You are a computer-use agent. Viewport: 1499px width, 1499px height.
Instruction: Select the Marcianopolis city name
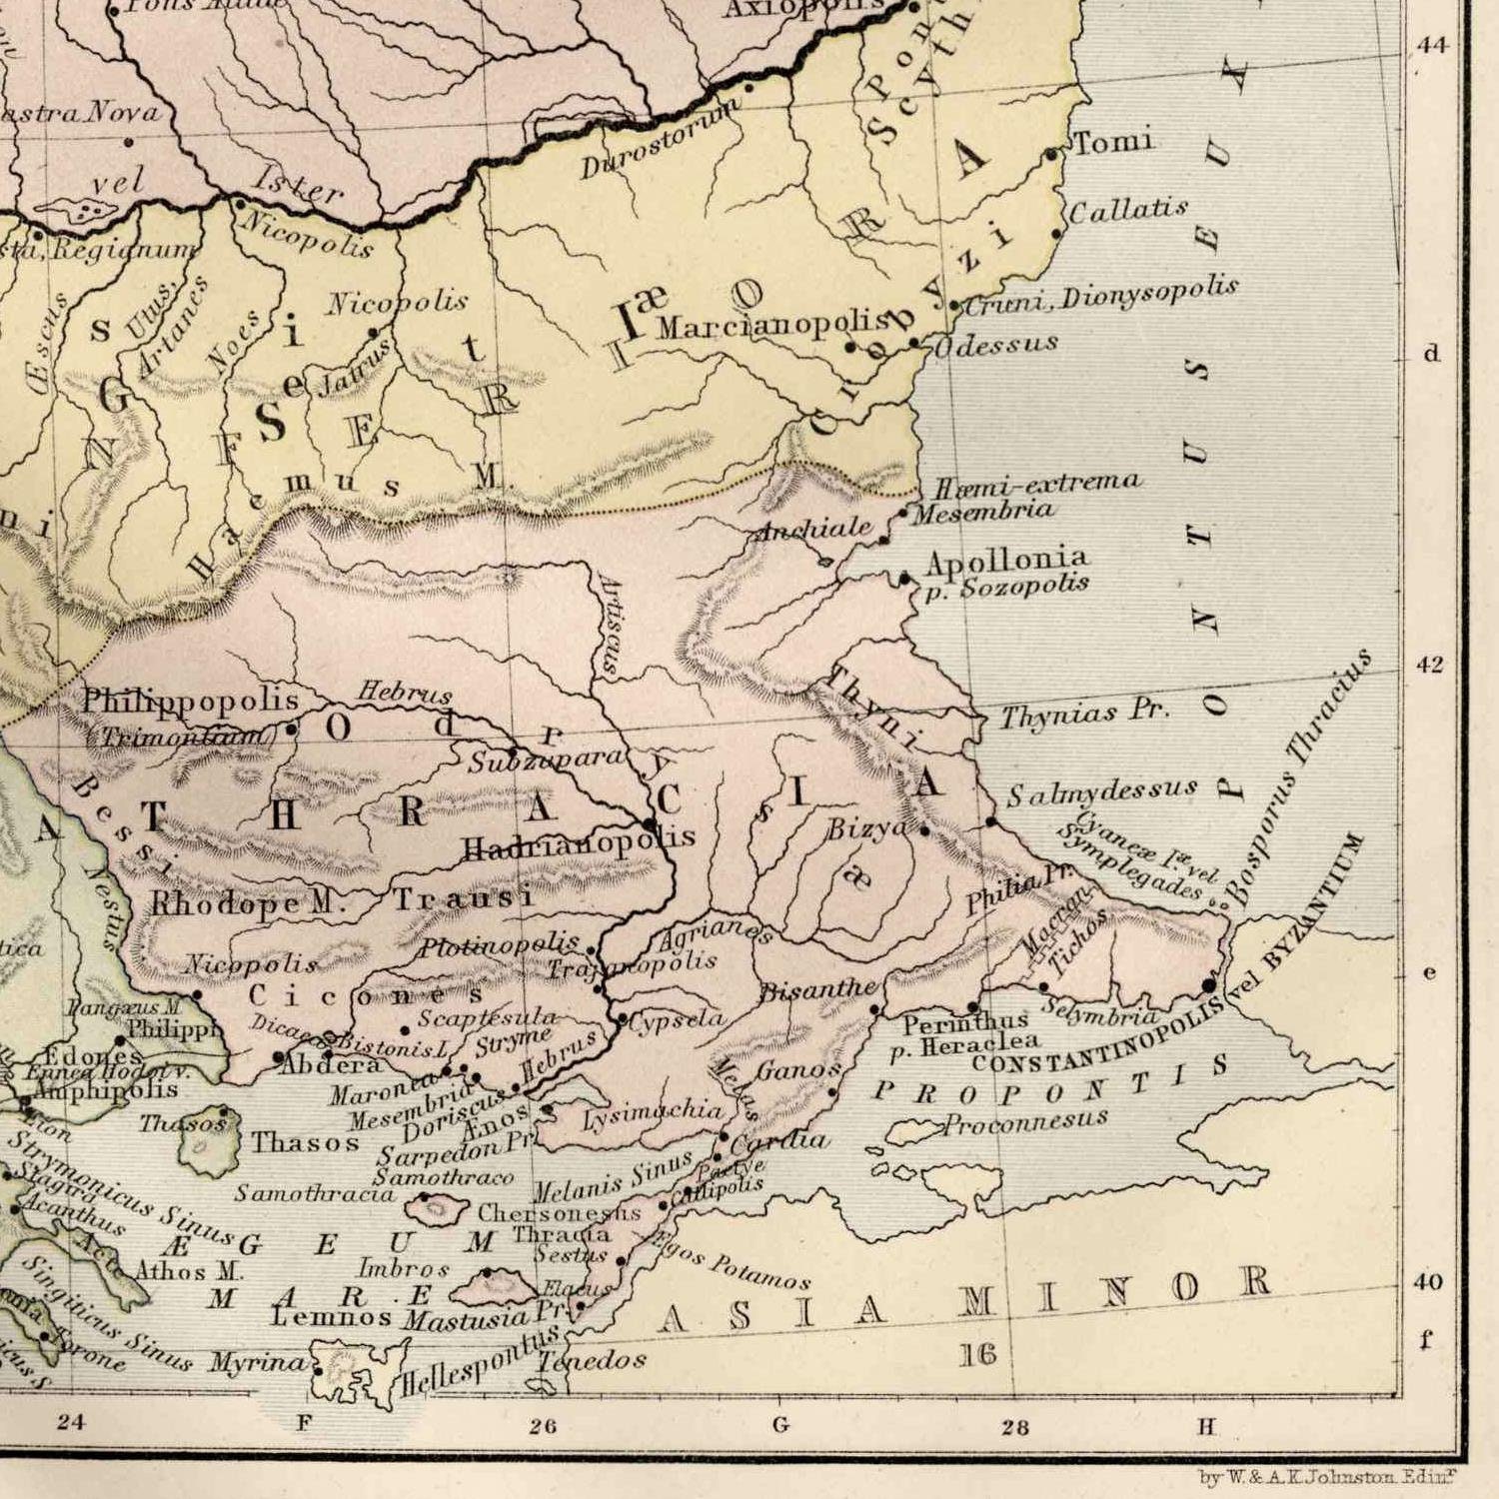click(x=771, y=325)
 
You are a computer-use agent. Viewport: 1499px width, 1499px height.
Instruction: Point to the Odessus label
click(x=995, y=345)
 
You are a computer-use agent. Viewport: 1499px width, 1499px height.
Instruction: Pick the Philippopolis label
click(x=190, y=701)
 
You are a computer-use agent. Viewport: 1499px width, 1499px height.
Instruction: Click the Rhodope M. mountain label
click(x=246, y=903)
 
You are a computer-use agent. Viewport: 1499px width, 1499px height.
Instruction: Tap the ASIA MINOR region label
click(x=963, y=1300)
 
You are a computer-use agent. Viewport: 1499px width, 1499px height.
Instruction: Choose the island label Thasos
click(x=305, y=1142)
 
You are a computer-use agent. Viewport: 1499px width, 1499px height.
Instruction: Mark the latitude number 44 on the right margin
click(x=1432, y=45)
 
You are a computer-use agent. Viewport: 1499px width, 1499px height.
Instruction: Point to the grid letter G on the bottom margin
click(x=781, y=1425)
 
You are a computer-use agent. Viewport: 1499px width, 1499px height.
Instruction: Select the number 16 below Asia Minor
click(x=978, y=1354)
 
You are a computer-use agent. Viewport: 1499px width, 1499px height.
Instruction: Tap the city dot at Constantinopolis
click(x=1210, y=985)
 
